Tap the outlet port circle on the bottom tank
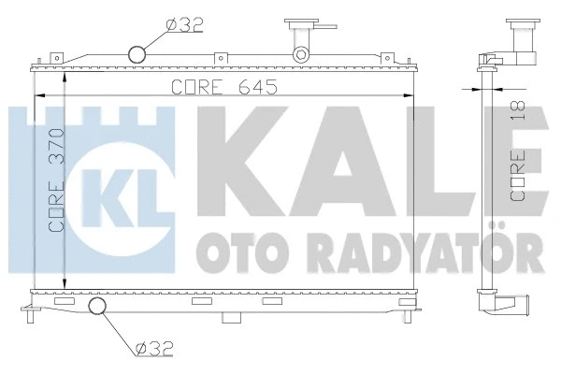[97, 308]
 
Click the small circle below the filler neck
[300, 54]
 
